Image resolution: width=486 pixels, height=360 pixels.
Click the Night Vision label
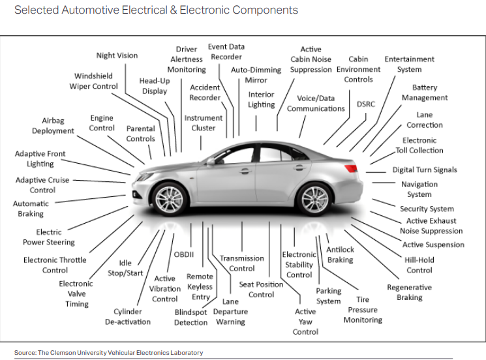(117, 55)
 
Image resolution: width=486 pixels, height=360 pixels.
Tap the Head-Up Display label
(155, 86)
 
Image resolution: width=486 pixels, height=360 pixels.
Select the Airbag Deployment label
(53, 126)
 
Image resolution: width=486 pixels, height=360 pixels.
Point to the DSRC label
(366, 104)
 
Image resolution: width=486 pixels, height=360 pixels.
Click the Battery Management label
(425, 93)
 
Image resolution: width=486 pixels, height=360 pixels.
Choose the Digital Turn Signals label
(425, 170)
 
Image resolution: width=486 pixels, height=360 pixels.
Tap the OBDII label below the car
(184, 254)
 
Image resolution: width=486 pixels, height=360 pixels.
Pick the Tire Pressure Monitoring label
(363, 310)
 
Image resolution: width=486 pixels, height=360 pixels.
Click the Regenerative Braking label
(409, 292)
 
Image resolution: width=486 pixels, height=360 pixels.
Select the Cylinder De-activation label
(128, 316)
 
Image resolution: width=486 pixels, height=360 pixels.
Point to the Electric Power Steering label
(49, 237)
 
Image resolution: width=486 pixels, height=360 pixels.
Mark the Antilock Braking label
(340, 254)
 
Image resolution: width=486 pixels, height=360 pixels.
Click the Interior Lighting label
(261, 99)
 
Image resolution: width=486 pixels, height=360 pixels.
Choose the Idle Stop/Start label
(125, 268)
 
